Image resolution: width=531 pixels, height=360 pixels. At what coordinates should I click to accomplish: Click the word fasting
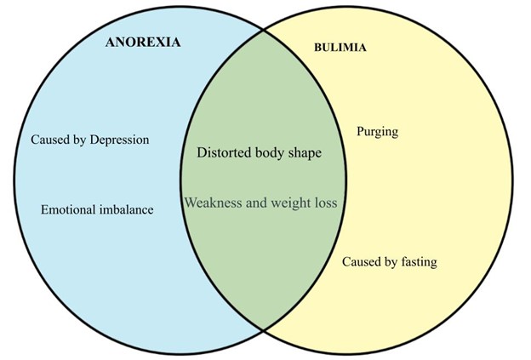(417, 262)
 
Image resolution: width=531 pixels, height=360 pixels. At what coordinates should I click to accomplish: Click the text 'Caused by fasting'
(389, 262)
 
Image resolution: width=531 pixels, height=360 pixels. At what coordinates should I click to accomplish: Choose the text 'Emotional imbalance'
(97, 209)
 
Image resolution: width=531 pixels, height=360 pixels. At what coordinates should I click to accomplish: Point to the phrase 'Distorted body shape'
(260, 154)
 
